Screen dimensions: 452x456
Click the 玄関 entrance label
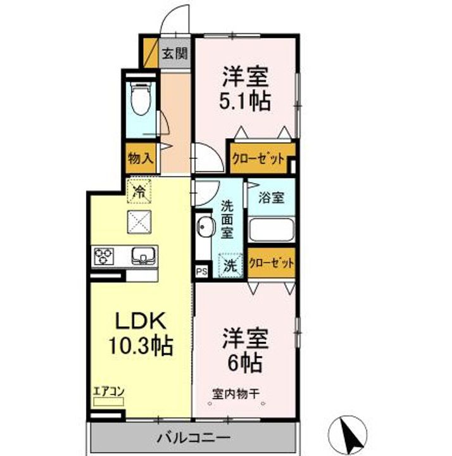[x=175, y=53]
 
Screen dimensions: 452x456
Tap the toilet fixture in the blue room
[x=141, y=99]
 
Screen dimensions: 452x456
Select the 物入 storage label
[x=141, y=158]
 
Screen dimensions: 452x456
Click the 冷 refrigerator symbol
[x=139, y=191]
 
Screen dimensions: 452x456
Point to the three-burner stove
[x=103, y=256]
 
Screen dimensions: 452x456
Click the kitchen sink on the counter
[x=143, y=256]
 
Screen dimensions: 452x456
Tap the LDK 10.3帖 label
[x=141, y=333]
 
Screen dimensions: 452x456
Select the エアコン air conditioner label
[x=108, y=391]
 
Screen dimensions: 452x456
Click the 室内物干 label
[x=235, y=394]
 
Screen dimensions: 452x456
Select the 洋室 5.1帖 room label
[x=245, y=89]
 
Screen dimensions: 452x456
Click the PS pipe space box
[x=202, y=272]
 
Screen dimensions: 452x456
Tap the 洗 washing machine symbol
[x=230, y=265]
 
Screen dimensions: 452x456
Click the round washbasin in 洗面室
[x=206, y=227]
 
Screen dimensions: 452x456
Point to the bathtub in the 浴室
[x=271, y=229]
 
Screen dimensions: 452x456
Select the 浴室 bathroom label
[x=271, y=198]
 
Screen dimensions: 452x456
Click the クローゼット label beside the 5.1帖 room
[x=258, y=159]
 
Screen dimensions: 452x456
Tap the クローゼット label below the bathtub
[x=271, y=263]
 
